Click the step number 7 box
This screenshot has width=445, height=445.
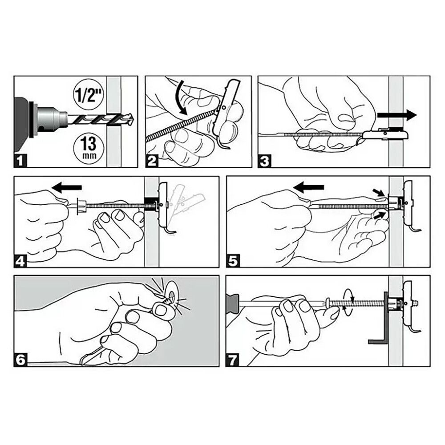(x=232, y=360)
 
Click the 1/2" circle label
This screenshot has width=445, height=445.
(x=89, y=95)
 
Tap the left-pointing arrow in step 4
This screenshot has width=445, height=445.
(x=67, y=187)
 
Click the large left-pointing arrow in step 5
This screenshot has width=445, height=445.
(x=308, y=187)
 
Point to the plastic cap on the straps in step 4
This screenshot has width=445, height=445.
(x=81, y=206)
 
